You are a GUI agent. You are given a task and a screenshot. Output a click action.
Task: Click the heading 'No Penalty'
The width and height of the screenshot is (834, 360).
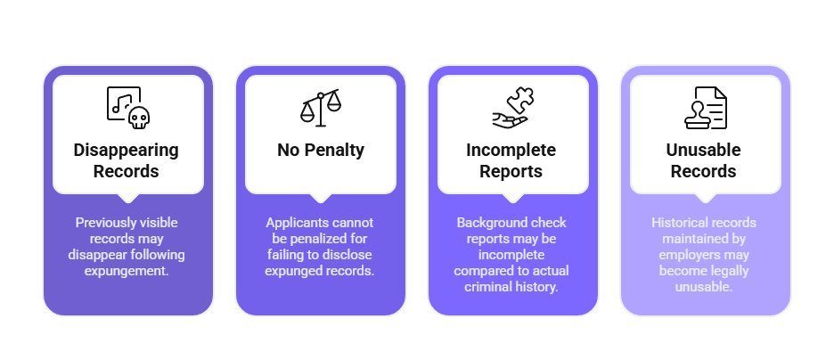[x=321, y=150]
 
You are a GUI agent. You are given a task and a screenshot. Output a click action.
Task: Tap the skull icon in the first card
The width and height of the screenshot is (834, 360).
[x=137, y=118]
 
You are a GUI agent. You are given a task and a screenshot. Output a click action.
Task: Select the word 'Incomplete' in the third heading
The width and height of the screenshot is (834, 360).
[x=512, y=150]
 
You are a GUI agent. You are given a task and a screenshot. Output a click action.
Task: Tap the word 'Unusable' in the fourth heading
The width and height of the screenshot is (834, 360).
[x=705, y=150]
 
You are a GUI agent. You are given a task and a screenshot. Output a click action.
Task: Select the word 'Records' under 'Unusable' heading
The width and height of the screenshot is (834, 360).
[x=705, y=170]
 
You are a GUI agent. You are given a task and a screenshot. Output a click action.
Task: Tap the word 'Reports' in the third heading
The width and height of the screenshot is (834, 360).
[x=512, y=170]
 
